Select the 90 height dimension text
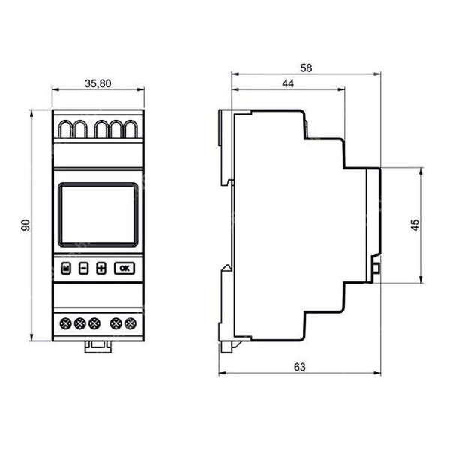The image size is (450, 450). [25, 225]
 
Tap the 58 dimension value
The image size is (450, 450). [306, 67]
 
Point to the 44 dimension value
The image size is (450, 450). [287, 84]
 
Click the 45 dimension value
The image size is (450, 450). [414, 225]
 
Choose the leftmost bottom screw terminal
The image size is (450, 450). [64, 323]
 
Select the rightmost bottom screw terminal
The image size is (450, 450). [131, 323]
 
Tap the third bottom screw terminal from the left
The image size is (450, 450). [94, 323]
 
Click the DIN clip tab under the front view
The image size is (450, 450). [96, 346]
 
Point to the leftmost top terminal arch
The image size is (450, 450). [64, 129]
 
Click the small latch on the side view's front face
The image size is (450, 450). [376, 265]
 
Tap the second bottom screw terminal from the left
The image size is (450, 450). [79, 323]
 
